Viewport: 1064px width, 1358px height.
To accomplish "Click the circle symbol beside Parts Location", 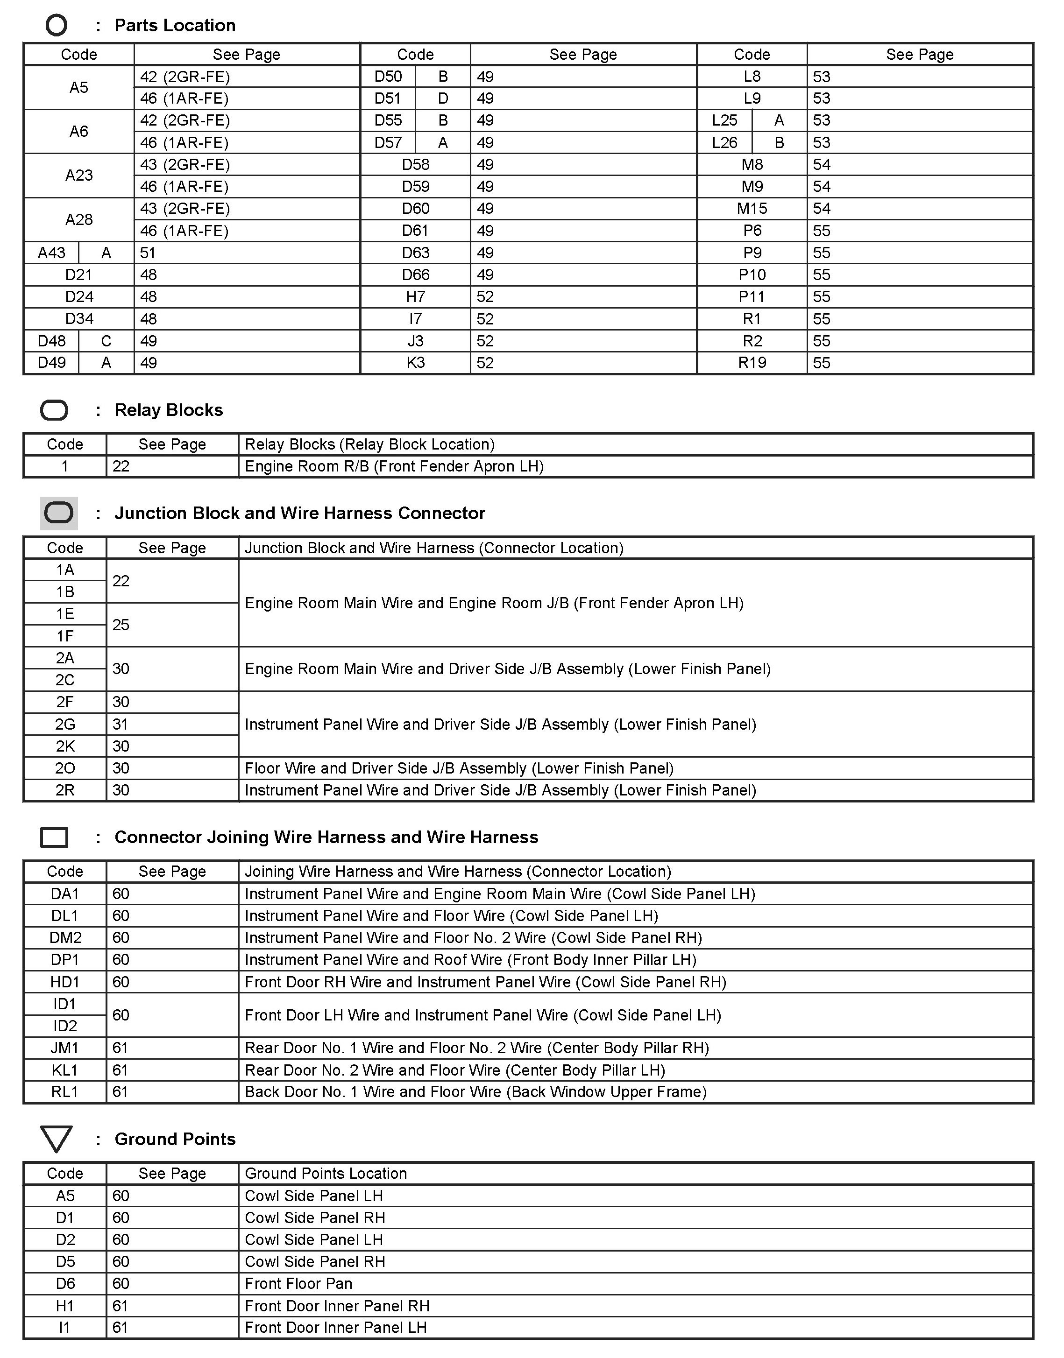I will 56,26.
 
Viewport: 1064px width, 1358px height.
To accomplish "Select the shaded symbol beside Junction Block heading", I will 59,513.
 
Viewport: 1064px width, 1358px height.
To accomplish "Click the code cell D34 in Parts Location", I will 79,319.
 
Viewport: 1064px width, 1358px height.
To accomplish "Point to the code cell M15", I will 752,209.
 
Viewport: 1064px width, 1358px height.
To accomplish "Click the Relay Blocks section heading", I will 168,410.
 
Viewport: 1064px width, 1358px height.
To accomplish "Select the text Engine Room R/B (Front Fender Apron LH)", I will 394,466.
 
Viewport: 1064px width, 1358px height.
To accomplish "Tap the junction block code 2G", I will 65,724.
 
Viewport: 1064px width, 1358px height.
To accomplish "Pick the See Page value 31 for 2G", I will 121,724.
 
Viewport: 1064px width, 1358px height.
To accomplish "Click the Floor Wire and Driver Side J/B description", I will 459,768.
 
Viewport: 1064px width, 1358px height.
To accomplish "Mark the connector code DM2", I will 65,938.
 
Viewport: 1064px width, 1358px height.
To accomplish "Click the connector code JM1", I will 65,1048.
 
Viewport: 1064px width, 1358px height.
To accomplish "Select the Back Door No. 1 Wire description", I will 475,1091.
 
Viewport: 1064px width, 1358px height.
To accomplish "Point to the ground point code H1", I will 65,1306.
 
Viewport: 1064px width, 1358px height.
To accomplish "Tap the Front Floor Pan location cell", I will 298,1283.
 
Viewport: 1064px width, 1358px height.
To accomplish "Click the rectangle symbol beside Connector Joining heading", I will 54,837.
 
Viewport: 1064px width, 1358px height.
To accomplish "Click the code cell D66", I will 416,274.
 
